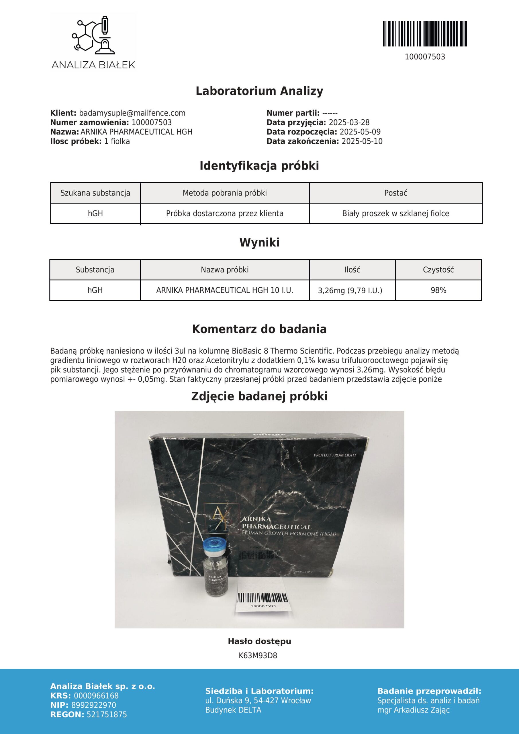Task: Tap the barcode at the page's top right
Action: (x=425, y=34)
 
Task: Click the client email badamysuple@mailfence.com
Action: (x=132, y=113)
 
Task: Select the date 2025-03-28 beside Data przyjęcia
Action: (x=349, y=122)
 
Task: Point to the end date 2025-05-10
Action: (x=362, y=141)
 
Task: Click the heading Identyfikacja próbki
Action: (x=259, y=166)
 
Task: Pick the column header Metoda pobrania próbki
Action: (x=225, y=193)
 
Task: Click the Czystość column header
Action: (x=438, y=270)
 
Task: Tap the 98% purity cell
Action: (x=438, y=290)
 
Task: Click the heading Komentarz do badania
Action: (x=259, y=329)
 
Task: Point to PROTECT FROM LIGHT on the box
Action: (x=335, y=455)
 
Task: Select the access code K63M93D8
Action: (x=258, y=656)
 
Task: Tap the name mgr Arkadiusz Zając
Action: (x=413, y=710)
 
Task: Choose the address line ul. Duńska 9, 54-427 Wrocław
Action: (x=258, y=701)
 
